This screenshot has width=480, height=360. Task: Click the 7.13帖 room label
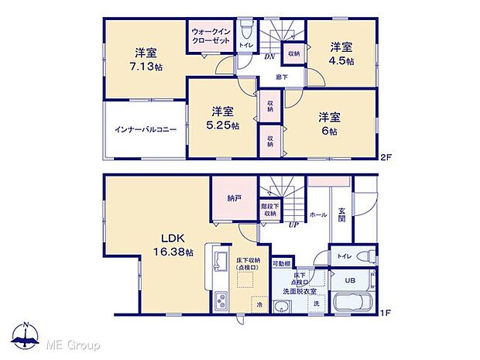[x=146, y=60]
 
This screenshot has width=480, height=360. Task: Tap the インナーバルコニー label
[x=146, y=129]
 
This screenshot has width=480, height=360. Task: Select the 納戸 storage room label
[x=234, y=199]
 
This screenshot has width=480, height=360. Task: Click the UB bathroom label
[x=349, y=280]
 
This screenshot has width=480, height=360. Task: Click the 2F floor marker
[x=386, y=158]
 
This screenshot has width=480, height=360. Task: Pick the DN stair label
[x=269, y=57]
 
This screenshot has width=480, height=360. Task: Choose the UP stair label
[x=293, y=226]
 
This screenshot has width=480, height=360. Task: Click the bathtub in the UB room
[x=352, y=304]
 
